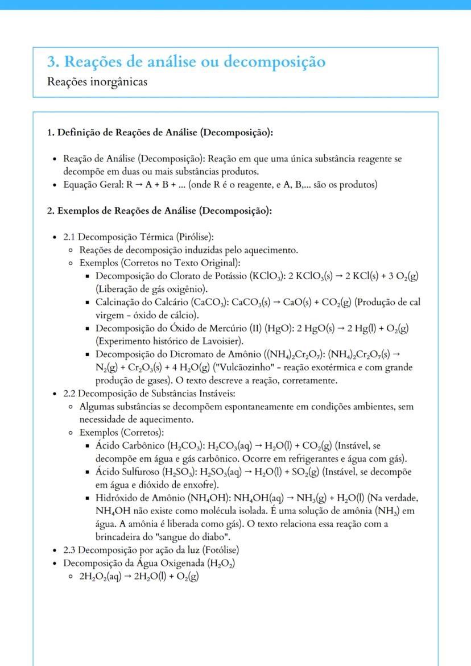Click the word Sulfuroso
click(141, 472)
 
